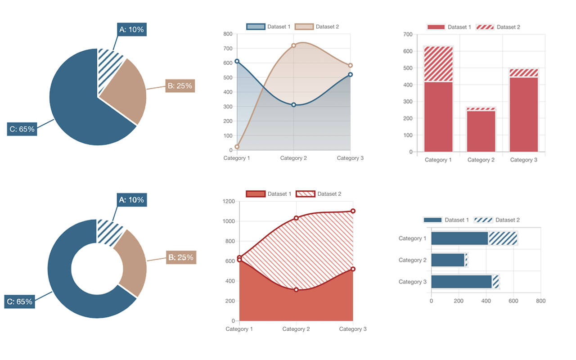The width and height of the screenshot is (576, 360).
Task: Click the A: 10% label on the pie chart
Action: [x=131, y=30]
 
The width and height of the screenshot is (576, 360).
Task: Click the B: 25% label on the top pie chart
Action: [x=180, y=85]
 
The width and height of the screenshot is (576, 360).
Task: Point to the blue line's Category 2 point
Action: [x=293, y=105]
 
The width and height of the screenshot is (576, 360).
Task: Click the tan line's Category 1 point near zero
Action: [x=237, y=147]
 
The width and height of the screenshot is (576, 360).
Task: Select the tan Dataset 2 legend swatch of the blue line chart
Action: [x=304, y=27]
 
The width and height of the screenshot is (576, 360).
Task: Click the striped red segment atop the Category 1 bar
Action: [x=438, y=64]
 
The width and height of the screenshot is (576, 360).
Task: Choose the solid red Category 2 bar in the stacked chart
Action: [x=481, y=131]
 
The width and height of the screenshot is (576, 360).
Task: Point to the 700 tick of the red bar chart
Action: [x=408, y=34]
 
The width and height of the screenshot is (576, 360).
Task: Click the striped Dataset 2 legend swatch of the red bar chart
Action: [x=485, y=27]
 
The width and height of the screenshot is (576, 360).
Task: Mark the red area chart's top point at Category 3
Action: [x=353, y=211]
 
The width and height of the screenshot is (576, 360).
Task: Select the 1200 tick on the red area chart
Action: [x=229, y=201]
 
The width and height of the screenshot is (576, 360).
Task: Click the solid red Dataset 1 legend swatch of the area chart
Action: [x=256, y=194]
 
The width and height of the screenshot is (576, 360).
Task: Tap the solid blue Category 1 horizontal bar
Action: [x=459, y=238]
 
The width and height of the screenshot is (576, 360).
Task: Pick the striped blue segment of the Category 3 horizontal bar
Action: [x=496, y=282]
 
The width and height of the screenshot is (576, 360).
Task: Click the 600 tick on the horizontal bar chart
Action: [x=513, y=301]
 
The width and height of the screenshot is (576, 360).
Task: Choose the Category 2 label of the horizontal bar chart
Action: [x=412, y=260]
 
